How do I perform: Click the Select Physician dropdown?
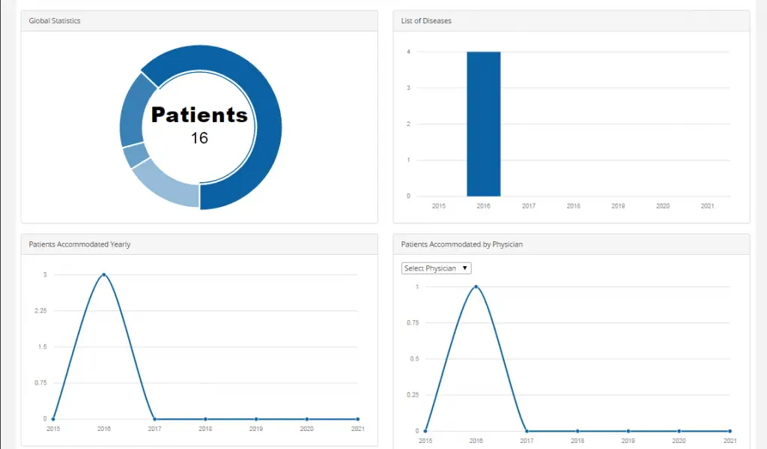436,268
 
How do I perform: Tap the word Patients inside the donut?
199,115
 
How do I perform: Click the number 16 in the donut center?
199,138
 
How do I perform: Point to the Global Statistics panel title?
55,21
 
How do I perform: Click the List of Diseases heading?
426,21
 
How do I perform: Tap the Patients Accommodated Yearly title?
79,244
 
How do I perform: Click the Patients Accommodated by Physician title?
461,244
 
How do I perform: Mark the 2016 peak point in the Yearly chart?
103,275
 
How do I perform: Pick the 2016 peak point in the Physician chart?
476,287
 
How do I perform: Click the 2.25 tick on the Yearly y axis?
40,311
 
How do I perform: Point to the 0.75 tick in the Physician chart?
412,323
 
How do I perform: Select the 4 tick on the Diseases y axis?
408,52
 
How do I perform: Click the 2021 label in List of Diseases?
707,205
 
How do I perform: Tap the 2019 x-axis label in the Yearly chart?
256,429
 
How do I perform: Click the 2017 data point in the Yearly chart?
154,419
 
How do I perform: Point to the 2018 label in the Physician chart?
577,441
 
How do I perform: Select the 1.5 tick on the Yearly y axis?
42,347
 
